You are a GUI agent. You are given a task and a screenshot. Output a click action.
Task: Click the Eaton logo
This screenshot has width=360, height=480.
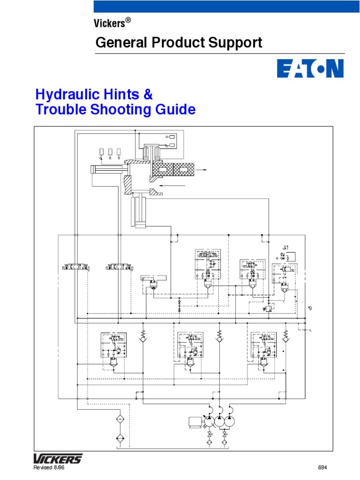pyautogui.click(x=310, y=68)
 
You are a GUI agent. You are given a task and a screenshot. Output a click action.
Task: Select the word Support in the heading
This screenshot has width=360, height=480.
pyautogui.click(x=236, y=43)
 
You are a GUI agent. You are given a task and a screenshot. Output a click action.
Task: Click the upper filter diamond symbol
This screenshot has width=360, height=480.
pyautogui.click(x=120, y=418)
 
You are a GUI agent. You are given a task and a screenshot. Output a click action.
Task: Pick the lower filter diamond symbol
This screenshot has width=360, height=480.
pyautogui.click(x=120, y=438)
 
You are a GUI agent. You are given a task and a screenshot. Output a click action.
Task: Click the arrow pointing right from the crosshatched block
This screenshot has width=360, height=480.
pyautogui.click(x=202, y=170)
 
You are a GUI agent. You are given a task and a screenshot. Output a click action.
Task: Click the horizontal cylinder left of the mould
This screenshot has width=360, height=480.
pyautogui.click(x=108, y=170)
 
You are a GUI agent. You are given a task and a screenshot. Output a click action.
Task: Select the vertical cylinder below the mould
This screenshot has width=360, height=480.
pyautogui.click(x=139, y=212)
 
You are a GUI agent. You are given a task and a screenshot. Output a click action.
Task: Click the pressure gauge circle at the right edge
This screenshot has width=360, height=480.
pyautogui.click(x=309, y=308)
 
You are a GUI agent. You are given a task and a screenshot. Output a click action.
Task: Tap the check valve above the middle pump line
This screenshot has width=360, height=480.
pyautogui.click(x=219, y=336)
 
